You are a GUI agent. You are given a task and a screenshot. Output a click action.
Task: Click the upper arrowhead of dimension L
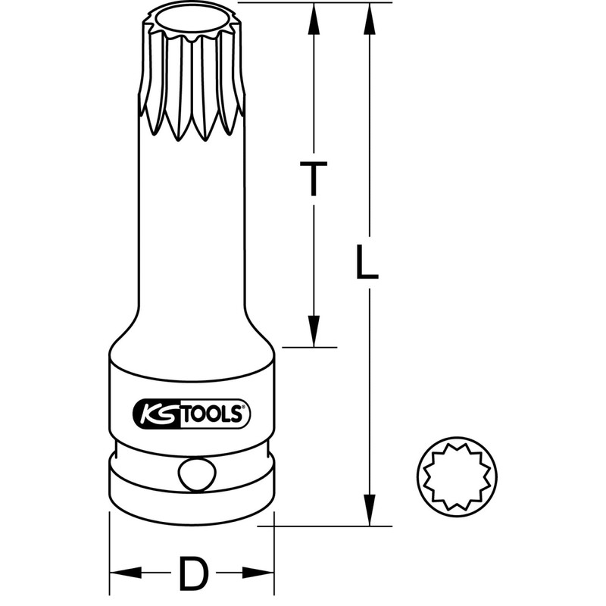[369, 19]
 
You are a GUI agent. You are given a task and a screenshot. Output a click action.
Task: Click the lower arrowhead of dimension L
[369, 509]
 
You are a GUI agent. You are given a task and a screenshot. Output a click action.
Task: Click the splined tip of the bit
[192, 76]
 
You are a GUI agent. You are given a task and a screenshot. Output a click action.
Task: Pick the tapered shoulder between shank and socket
[192, 333]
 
